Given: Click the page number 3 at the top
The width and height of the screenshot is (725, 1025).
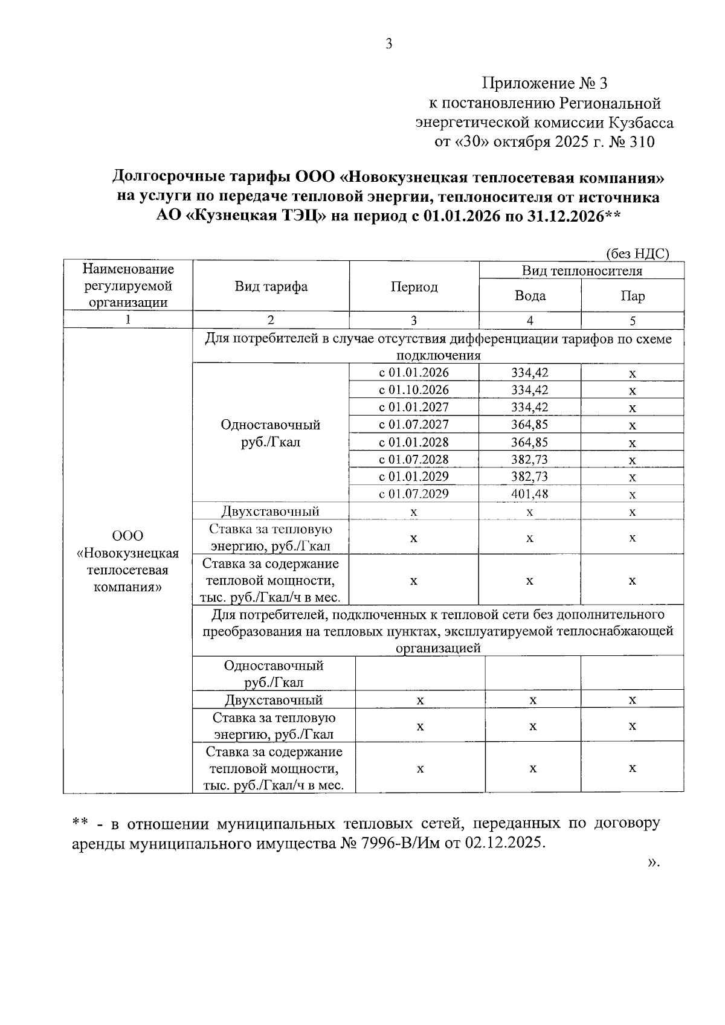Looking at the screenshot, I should (x=388, y=43).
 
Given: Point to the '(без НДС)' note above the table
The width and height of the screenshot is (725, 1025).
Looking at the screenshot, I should (x=637, y=254).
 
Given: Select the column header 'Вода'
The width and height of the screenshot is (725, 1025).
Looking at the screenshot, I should (x=530, y=295).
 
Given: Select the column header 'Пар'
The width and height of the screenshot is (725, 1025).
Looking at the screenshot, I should (x=632, y=295).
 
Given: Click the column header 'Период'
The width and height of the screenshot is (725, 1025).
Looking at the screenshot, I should (x=414, y=287).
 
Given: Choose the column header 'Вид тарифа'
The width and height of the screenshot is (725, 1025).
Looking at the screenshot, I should (x=271, y=286).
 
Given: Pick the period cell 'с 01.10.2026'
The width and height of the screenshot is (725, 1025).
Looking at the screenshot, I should (x=414, y=390).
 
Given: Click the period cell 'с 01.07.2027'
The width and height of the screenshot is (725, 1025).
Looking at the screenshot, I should (x=414, y=425).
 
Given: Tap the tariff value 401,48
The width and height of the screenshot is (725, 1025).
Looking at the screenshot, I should (x=529, y=494).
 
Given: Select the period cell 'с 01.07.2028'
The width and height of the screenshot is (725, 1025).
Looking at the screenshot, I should (x=414, y=460).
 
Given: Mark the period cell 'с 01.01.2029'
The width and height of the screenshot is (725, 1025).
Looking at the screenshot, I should (x=414, y=477).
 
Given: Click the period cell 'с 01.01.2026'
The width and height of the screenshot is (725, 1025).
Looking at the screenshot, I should (x=414, y=373).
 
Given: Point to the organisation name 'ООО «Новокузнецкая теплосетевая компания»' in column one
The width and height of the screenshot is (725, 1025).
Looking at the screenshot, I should (x=127, y=562).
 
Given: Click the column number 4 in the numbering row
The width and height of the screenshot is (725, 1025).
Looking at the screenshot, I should (x=530, y=320).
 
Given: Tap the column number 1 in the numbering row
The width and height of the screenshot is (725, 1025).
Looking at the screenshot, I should (x=127, y=320).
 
